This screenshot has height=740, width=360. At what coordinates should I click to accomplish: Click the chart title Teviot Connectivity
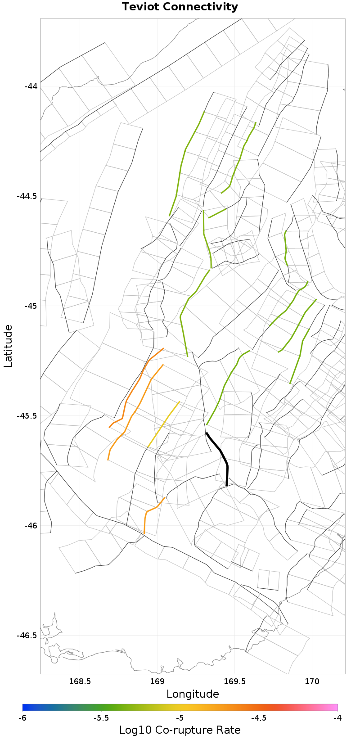[x=180, y=7]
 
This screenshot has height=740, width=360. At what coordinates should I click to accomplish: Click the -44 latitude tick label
[x=31, y=86]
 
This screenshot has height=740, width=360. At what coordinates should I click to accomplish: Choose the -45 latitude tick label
[x=31, y=306]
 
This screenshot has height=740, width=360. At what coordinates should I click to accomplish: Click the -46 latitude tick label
[x=31, y=526]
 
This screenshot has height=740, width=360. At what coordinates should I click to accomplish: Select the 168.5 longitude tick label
[x=80, y=681]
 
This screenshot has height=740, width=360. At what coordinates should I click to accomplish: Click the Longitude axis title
[x=193, y=694]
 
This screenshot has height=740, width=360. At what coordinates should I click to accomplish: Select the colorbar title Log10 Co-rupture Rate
[x=180, y=730]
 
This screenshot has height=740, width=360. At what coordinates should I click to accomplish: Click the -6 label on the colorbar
[x=23, y=717]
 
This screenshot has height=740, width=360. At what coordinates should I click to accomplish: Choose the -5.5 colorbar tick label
[x=101, y=717]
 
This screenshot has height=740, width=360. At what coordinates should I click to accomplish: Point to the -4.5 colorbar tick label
[x=259, y=717]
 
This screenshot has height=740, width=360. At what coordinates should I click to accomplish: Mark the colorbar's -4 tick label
[x=337, y=717]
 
